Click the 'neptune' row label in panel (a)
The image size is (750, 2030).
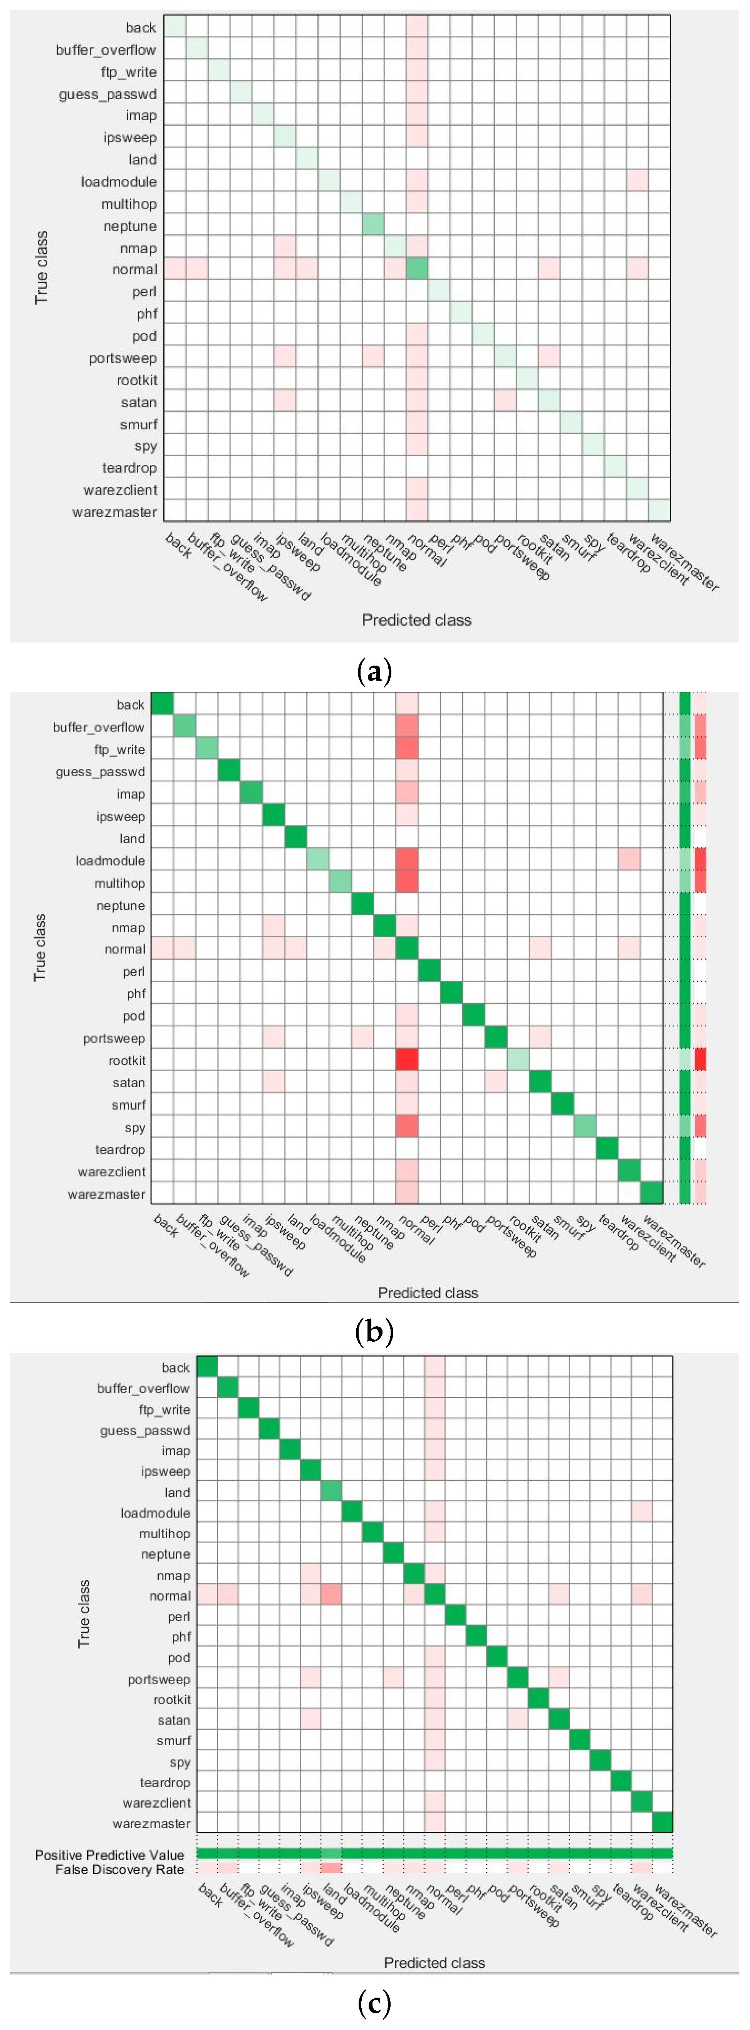pos(130,226)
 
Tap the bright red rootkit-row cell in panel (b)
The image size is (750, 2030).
pos(406,1060)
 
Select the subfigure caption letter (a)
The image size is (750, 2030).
pos(374,672)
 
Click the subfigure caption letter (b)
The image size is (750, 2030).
pos(374,1332)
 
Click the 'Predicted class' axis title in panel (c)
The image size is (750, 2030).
pos(434,1962)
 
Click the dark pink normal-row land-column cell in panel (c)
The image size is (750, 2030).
pos(331,1596)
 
